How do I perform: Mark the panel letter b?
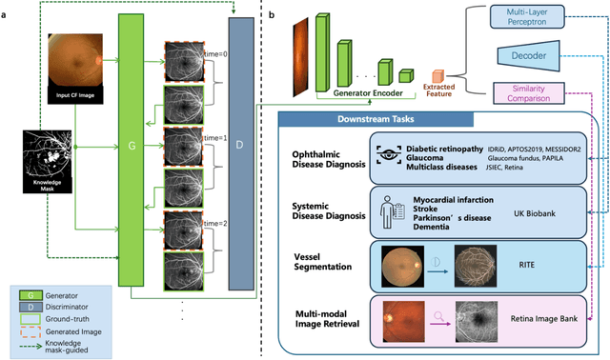tap(274, 16)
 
